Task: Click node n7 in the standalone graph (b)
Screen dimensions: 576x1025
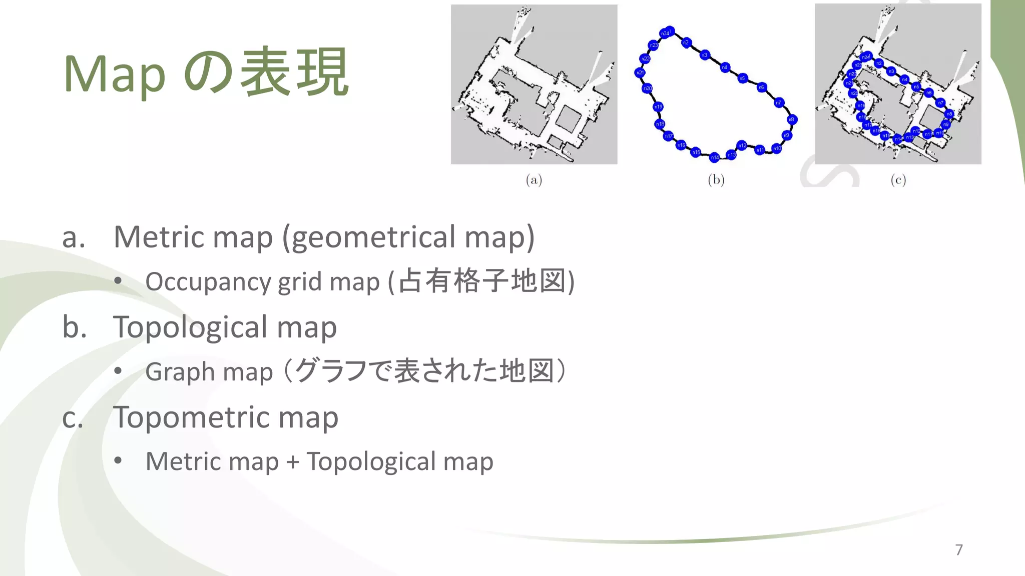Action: tap(779, 103)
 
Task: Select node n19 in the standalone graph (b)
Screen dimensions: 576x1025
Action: tap(658, 106)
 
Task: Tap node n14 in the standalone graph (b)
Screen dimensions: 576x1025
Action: tap(715, 157)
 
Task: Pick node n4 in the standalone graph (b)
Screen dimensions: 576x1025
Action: tap(725, 67)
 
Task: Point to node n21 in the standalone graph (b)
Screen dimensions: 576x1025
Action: tap(640, 73)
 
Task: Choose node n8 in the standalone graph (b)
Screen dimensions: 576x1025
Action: tap(792, 119)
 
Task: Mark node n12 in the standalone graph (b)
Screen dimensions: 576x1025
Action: tap(742, 145)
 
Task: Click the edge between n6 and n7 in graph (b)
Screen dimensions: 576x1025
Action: tap(770, 95)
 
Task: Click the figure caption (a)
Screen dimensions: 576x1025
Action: tap(534, 179)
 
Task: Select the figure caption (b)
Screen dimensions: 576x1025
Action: tap(716, 179)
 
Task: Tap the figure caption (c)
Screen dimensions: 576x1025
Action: tap(898, 179)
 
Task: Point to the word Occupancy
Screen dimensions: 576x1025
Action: tap(208, 281)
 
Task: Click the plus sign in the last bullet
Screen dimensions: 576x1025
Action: tap(293, 462)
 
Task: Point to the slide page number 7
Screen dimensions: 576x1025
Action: tap(959, 549)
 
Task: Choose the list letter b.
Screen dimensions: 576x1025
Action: tap(74, 327)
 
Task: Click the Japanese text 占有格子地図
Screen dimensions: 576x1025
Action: tap(482, 281)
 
